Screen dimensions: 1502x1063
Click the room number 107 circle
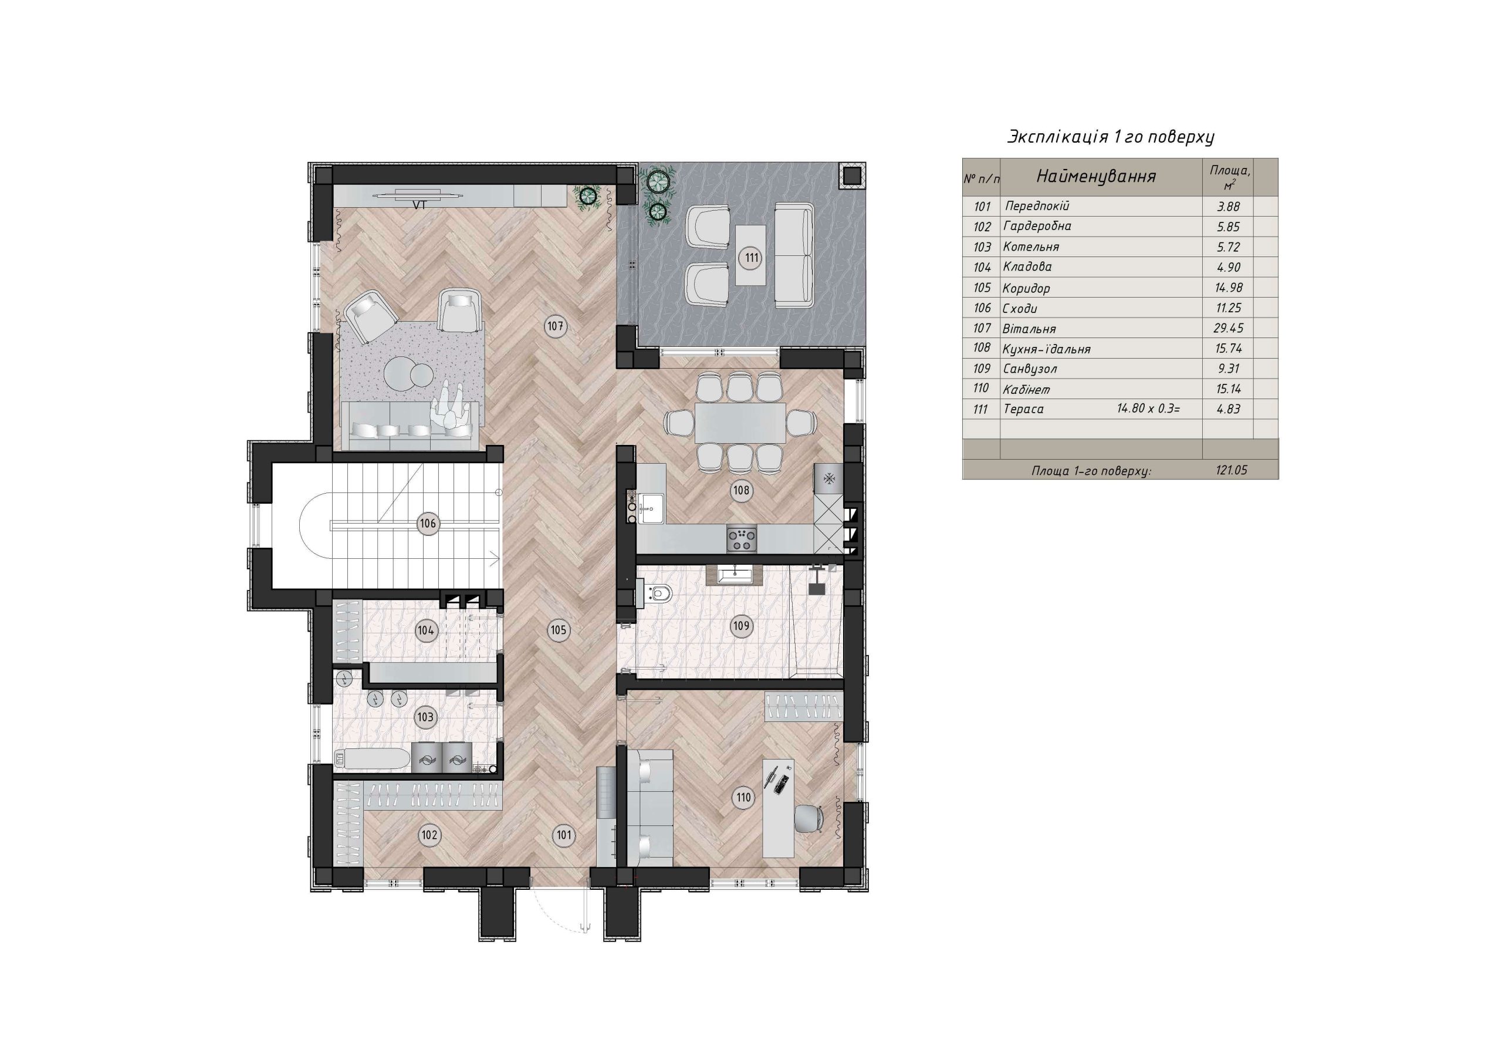(556, 326)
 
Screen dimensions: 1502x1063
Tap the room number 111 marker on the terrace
(752, 258)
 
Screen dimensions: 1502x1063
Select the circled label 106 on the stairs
(428, 524)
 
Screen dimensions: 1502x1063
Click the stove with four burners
(742, 539)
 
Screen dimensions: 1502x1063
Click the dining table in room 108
(740, 422)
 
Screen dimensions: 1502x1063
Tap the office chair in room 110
(810, 819)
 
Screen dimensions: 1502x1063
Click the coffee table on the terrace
(751, 255)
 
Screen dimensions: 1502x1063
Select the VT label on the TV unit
(420, 205)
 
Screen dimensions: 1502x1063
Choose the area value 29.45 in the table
(1228, 328)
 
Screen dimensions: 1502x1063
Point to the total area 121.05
(1230, 470)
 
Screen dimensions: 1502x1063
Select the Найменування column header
(1097, 176)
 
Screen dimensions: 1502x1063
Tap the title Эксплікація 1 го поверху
(1111, 137)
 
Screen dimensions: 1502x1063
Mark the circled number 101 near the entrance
(563, 835)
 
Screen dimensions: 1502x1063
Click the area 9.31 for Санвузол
(1229, 369)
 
